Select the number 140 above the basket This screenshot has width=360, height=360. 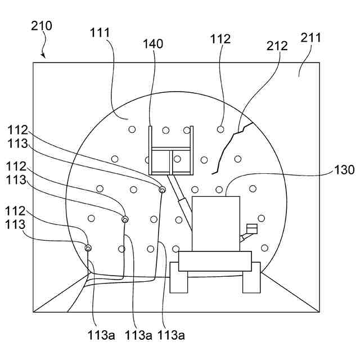pos(153,43)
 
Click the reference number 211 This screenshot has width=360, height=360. pos(310,38)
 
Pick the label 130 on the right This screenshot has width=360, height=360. pos(344,170)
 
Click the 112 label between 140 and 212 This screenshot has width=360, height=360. pos(220,39)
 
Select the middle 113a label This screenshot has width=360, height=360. pos(138,336)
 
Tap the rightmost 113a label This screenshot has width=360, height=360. pos(171,336)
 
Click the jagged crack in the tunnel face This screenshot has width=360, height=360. pos(227,148)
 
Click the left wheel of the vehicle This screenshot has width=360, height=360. pos(179,280)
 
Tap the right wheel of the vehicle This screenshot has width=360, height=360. pos(251,280)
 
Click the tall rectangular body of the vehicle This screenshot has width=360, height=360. pos(215,223)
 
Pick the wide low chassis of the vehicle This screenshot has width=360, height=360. pos(214,261)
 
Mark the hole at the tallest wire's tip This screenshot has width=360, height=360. pos(162,190)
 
